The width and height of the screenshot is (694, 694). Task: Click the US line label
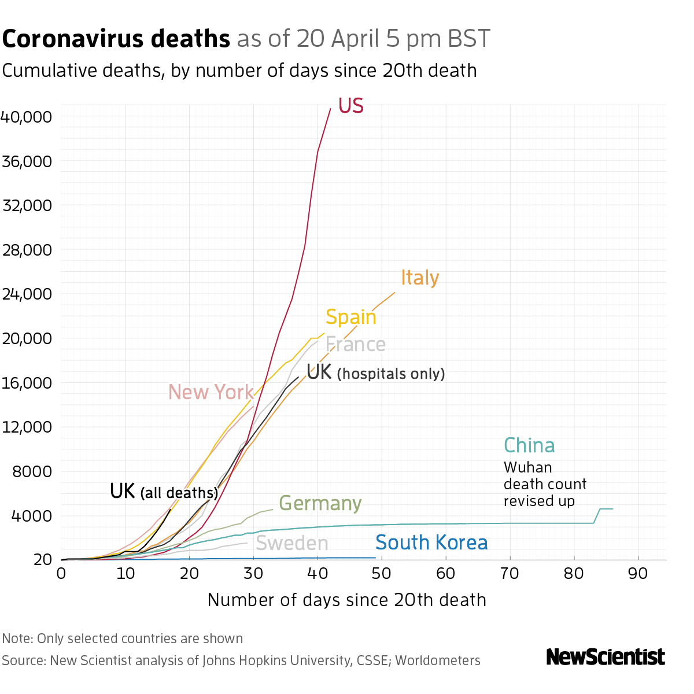[x=350, y=106]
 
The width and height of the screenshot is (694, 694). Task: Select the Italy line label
[x=420, y=278]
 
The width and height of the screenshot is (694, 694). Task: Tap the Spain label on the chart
[x=350, y=318]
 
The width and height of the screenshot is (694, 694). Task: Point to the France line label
[x=356, y=345]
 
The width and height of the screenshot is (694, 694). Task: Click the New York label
[x=211, y=392]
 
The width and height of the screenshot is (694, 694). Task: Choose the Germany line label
[x=320, y=503]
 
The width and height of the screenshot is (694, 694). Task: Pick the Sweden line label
[x=291, y=544]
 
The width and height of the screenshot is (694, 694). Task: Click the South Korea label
[x=431, y=543]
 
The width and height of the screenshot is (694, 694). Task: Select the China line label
[x=529, y=446]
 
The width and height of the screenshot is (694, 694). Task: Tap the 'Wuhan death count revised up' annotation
[x=545, y=484]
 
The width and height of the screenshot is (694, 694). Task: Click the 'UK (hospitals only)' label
[x=376, y=372]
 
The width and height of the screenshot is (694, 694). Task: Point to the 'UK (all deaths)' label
[x=164, y=492]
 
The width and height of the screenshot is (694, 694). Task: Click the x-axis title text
[x=346, y=600]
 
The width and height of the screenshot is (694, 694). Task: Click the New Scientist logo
[x=606, y=657]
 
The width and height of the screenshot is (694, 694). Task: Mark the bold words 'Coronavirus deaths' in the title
[x=116, y=39]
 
